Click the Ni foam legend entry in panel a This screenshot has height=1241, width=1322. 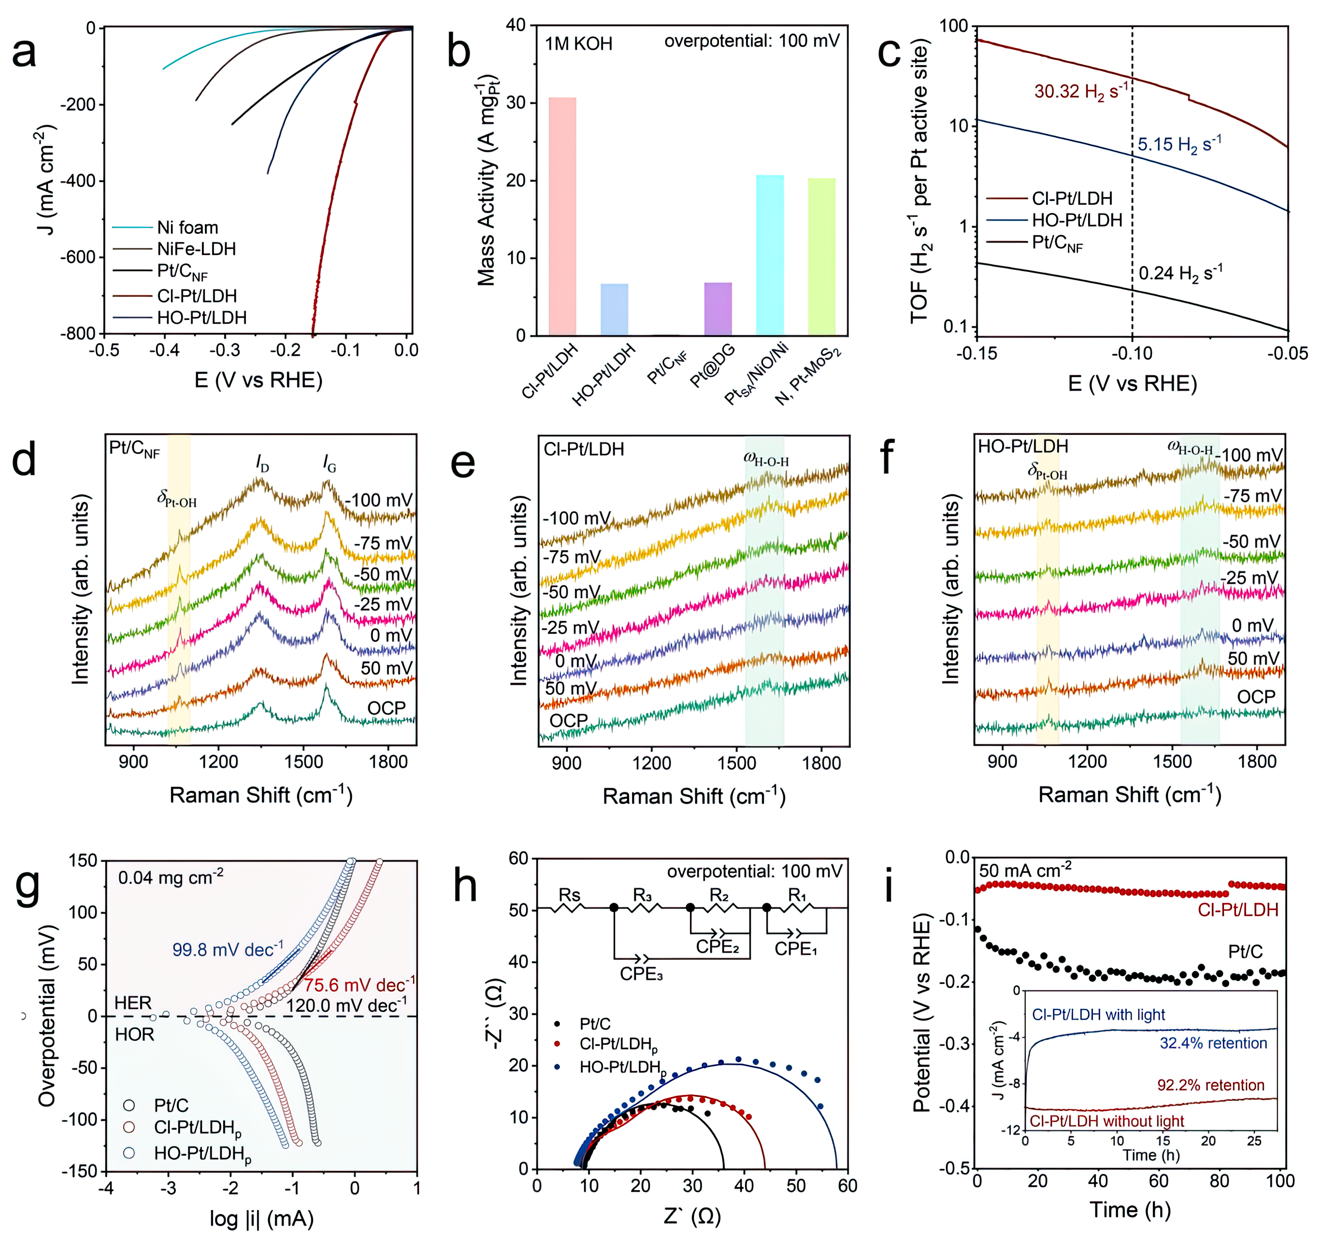point(187,228)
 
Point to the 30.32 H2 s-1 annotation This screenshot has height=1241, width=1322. point(1080,91)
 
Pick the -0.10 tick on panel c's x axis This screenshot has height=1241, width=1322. point(1132,353)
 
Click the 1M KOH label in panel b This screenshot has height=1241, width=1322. point(578,44)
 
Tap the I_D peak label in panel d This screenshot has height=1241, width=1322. point(263,463)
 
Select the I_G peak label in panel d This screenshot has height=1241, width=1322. point(329,463)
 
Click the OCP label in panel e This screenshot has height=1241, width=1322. point(569,720)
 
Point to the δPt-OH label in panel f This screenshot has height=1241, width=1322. point(1048,472)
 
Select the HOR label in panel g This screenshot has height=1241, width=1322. point(134,1034)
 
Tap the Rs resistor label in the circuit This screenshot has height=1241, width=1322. point(569,895)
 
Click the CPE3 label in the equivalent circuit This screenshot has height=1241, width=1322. point(641,974)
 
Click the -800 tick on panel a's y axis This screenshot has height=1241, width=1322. point(78,333)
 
